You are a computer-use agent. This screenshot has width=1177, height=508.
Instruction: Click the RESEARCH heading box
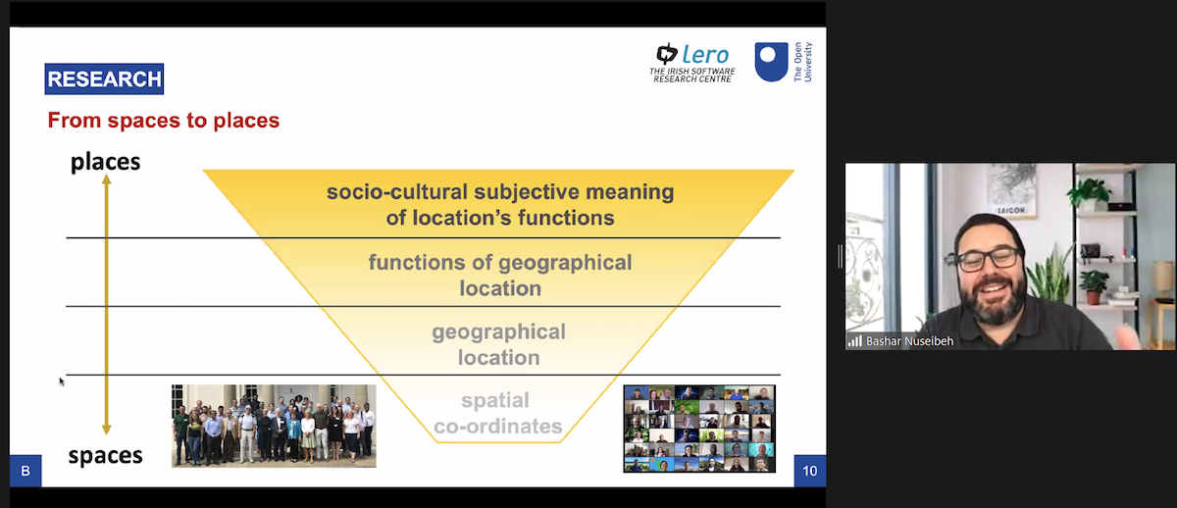(104, 79)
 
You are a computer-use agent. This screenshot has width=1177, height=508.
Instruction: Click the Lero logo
(691, 62)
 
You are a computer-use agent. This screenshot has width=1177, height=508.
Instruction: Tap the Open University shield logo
(771, 62)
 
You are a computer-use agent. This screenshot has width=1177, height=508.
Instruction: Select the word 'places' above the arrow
(105, 162)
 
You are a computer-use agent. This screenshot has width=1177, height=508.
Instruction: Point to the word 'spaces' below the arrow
(105, 455)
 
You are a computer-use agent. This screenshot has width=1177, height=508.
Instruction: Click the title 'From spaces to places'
(164, 121)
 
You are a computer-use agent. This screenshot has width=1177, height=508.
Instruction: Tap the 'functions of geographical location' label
(499, 276)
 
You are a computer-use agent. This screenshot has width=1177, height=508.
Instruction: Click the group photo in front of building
(274, 426)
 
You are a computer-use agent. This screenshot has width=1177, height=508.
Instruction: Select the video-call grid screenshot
(699, 428)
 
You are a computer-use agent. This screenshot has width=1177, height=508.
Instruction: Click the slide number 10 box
(809, 471)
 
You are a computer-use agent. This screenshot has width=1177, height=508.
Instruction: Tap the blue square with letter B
(26, 471)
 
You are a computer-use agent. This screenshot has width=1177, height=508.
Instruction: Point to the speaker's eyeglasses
(987, 259)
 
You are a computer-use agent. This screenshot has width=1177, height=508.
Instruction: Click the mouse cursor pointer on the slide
(61, 381)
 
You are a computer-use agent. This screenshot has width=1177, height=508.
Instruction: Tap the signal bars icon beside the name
(854, 341)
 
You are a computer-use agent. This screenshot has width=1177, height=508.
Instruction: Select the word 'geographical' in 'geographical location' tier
(498, 331)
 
